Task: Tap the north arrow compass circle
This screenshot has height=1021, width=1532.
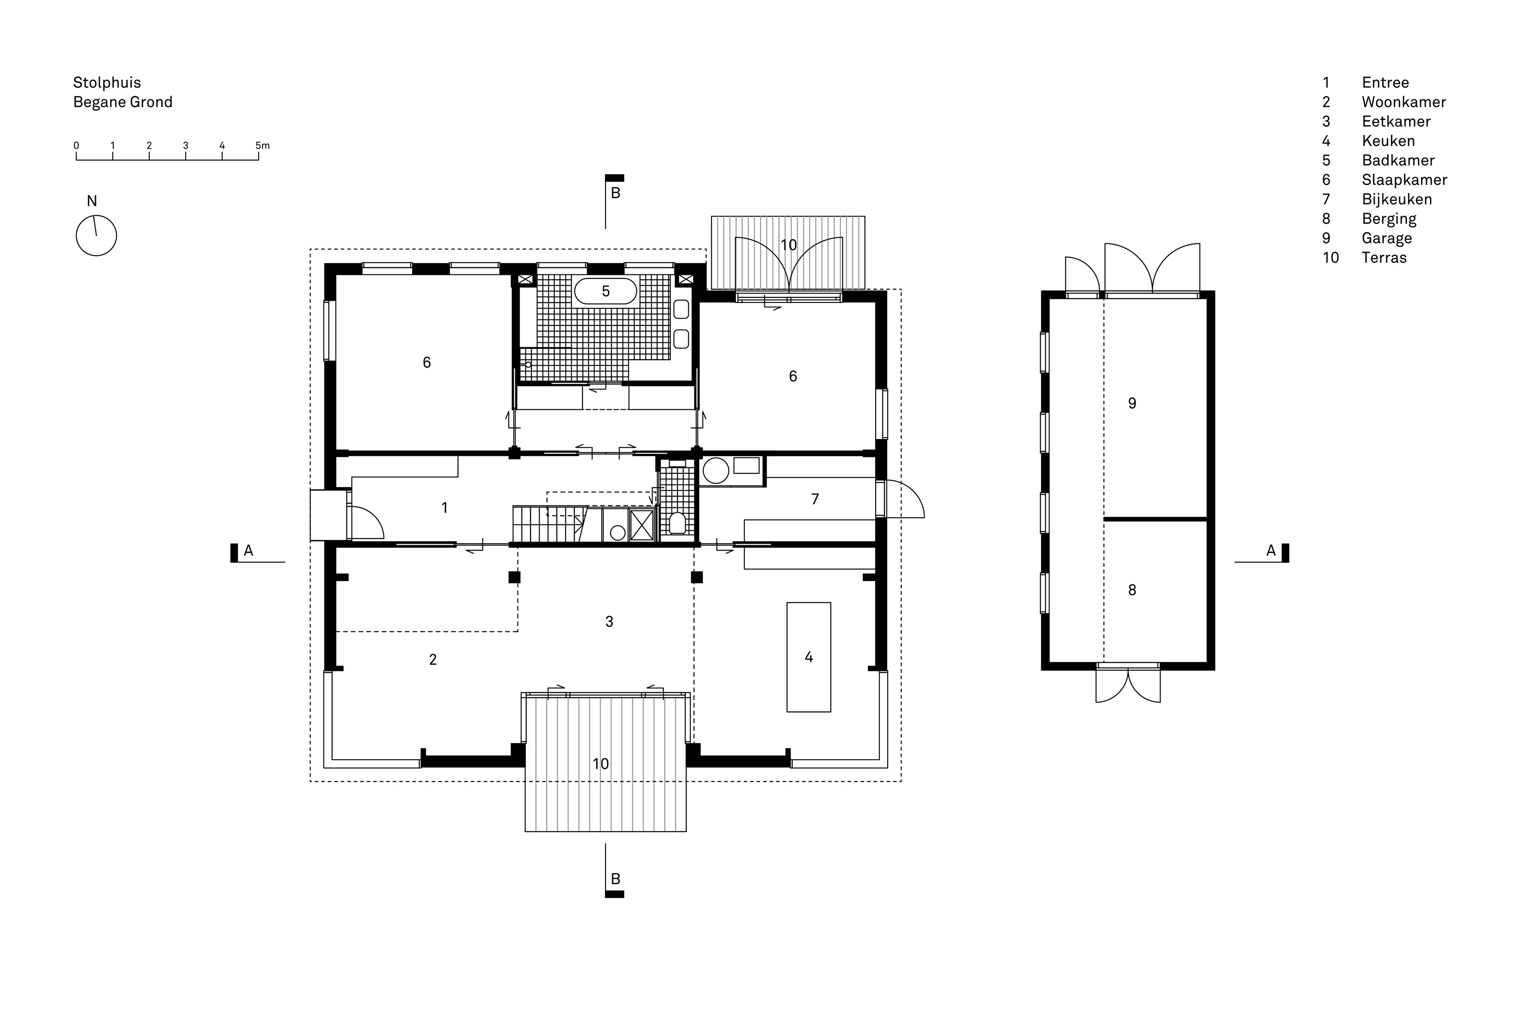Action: [x=96, y=236]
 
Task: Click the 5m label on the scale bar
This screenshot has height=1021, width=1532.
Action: [x=262, y=146]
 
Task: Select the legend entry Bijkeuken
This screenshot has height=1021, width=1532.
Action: [x=1397, y=199]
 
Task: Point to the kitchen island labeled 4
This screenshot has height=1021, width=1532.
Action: [x=808, y=657]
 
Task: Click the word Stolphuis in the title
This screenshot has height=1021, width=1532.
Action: [x=107, y=83]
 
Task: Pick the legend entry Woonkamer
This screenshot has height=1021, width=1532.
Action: [x=1404, y=102]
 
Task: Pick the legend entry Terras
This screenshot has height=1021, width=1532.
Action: [x=1384, y=258]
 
